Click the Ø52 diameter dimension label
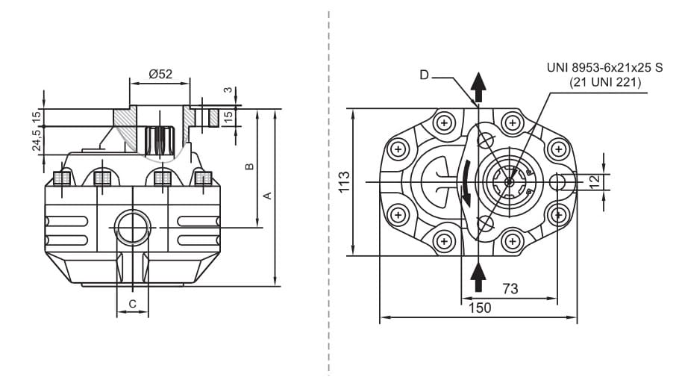pyautogui.click(x=160, y=74)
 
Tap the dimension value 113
pyautogui.click(x=344, y=183)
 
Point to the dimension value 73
pyautogui.click(x=510, y=288)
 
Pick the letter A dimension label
pyautogui.click(x=266, y=196)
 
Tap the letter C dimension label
pyautogui.click(x=132, y=303)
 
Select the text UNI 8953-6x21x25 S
pyautogui.click(x=604, y=68)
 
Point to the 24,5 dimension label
pyautogui.click(x=36, y=140)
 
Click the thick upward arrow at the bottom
pyautogui.click(x=479, y=277)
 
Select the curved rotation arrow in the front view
pyautogui.click(x=466, y=182)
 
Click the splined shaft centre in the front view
pyautogui.click(x=508, y=182)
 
